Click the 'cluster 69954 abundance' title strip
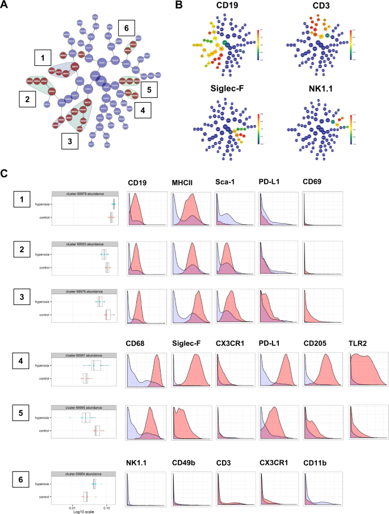[84, 474]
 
